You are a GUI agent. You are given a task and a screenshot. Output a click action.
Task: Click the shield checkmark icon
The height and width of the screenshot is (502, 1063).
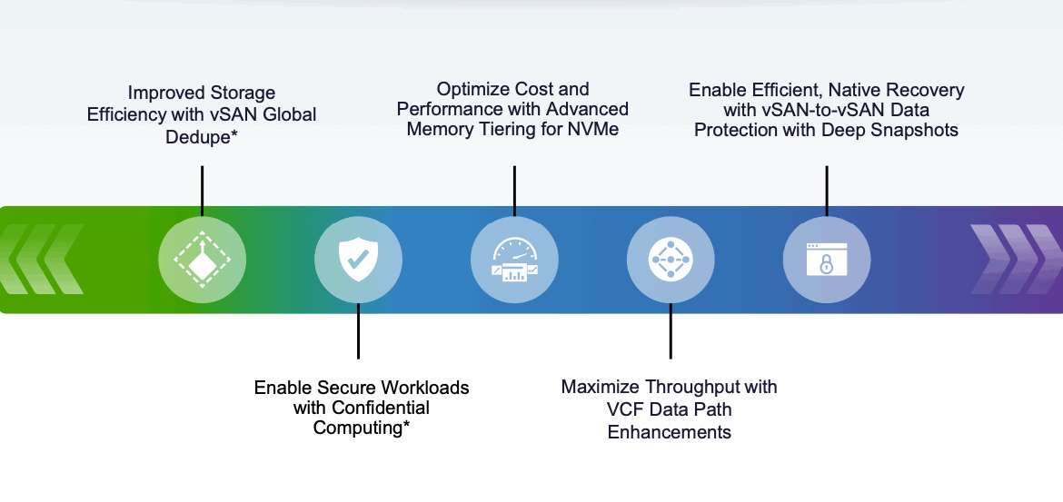358,260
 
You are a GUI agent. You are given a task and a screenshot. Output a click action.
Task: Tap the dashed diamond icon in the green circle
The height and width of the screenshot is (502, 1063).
202,260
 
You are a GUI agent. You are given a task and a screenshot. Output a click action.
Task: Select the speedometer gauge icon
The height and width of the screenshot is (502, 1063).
514,260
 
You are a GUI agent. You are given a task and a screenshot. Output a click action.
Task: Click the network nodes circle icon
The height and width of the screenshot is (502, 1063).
671,260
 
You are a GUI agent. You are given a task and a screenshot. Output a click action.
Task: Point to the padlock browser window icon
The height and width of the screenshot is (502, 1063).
827,260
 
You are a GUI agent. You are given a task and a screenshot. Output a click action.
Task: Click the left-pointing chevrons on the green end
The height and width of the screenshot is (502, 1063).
42,260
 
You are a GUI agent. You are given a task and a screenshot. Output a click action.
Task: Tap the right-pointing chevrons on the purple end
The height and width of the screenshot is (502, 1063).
1017,260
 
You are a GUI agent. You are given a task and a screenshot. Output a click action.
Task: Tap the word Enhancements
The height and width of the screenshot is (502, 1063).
669,432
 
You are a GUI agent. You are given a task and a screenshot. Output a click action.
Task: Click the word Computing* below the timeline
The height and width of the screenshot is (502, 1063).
362,428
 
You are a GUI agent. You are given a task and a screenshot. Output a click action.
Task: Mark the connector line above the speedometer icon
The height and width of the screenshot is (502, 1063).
514,192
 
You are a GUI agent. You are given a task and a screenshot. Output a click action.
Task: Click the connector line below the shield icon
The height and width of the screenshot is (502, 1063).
358,330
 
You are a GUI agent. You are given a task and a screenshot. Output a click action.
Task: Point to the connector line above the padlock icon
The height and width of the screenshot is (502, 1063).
827,192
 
